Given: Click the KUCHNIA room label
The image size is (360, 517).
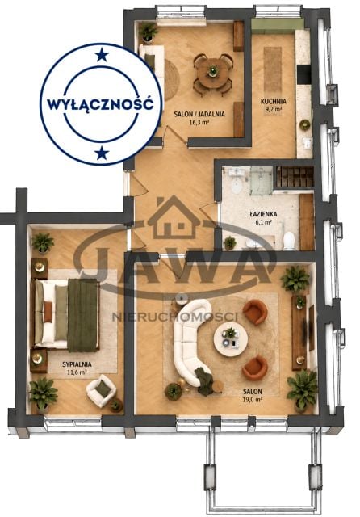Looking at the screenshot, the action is coord(274,102).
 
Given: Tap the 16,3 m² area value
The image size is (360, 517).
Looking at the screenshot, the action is coord(199,121).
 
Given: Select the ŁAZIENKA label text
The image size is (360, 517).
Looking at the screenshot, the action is coord(263,214).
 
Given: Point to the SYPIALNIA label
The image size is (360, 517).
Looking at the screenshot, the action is coord(77,364).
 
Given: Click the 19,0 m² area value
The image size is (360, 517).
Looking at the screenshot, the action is coord(253,399).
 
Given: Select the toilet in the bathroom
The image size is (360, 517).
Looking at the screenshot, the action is coord(289,241).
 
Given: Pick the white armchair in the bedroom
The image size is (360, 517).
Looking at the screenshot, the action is coord(101,390).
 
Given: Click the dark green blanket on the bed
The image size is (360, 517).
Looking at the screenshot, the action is coord(83,315).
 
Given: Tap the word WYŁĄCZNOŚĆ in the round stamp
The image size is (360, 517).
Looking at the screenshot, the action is coord(100,104).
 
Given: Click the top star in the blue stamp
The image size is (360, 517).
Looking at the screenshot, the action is coord(102,55).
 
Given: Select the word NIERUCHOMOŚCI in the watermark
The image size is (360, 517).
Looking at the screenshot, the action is coord(175,317).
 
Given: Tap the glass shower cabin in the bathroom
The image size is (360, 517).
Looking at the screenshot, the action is coord(261,180).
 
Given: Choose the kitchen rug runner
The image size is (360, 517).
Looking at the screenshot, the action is coord(273,70).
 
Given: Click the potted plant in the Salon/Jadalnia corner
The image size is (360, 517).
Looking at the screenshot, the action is coord(148,32).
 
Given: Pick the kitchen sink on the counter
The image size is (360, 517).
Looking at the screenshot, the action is coord(307,142).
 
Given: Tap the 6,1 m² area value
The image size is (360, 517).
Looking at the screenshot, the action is coord(264,222).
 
